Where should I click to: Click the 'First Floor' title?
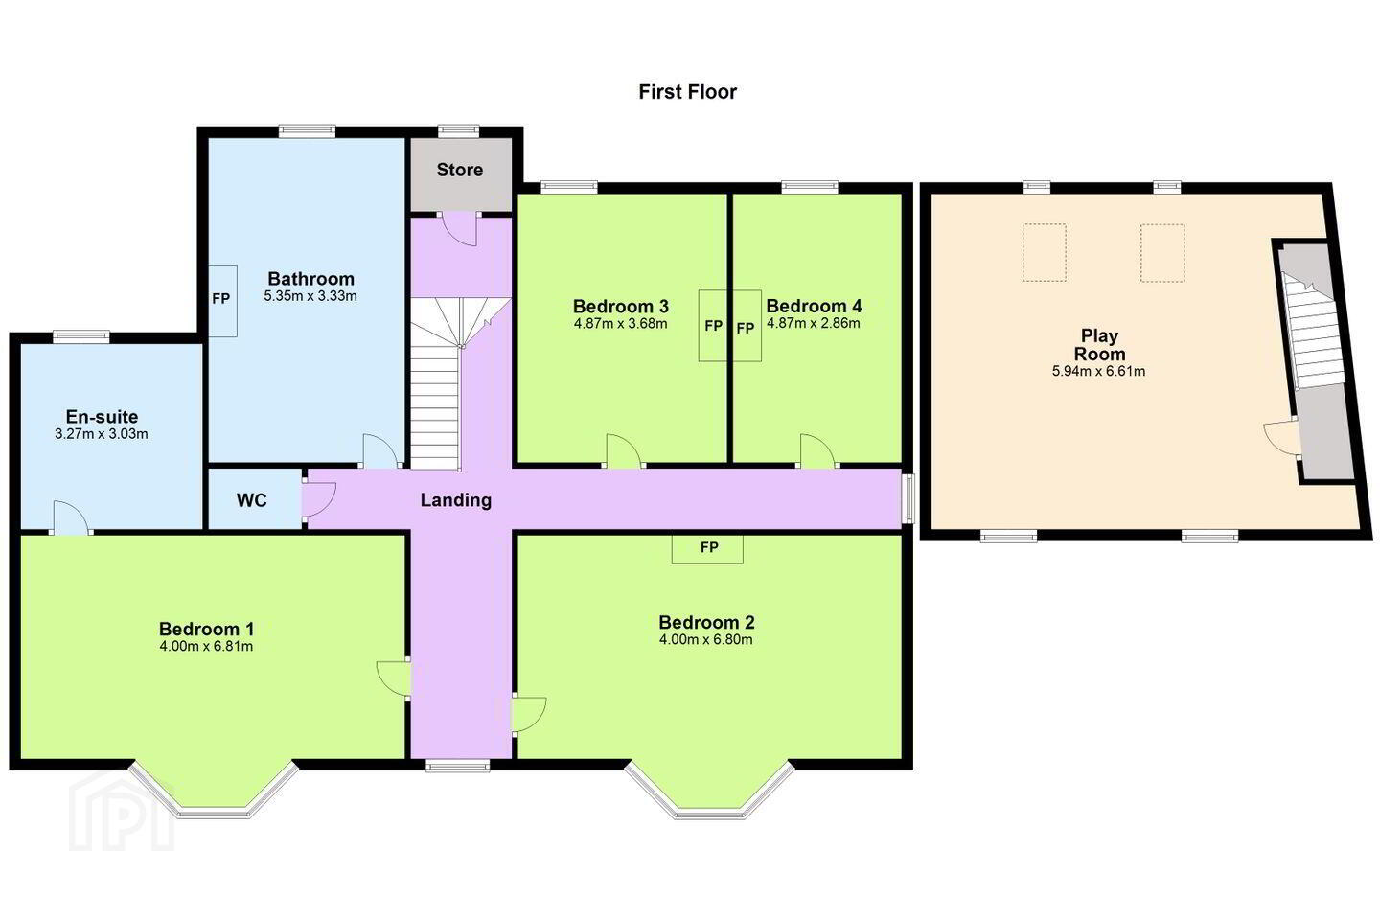[687, 92]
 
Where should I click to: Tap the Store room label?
[460, 170]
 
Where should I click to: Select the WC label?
[252, 500]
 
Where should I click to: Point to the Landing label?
[456, 499]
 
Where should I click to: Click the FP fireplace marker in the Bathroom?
[221, 299]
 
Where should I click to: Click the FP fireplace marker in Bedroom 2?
[709, 547]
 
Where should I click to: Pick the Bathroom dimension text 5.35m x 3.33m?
[310, 296]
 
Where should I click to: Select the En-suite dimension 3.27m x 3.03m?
[102, 434]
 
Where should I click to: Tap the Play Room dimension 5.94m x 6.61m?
[1099, 371]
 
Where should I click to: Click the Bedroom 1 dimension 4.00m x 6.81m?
[206, 647]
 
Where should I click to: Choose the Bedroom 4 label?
[814, 306]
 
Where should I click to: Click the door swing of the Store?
[460, 229]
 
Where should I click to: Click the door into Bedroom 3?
[624, 451]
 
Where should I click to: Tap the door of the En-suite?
[72, 517]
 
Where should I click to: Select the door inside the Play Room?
[1281, 437]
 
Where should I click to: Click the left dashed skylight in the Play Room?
[1045, 253]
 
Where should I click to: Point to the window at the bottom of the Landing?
[458, 766]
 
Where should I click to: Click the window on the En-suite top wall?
[80, 336]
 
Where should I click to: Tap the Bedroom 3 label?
[620, 307]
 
